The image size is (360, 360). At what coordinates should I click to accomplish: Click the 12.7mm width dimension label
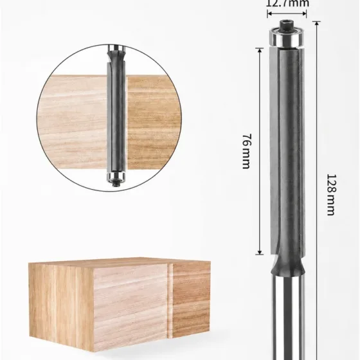287,3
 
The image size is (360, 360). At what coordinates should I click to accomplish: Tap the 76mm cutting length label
247,151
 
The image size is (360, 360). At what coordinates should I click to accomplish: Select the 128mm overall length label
331,195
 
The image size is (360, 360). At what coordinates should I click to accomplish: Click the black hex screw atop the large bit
286,25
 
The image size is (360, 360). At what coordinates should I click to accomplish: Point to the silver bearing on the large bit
286,37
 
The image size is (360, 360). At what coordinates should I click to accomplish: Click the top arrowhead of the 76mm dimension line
260,50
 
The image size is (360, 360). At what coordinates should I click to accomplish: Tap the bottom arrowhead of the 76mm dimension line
260,252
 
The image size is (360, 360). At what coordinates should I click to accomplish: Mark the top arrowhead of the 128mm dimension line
317,23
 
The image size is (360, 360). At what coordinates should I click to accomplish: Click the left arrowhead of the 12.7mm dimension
269,14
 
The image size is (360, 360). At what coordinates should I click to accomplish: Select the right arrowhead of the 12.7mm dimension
304,14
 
